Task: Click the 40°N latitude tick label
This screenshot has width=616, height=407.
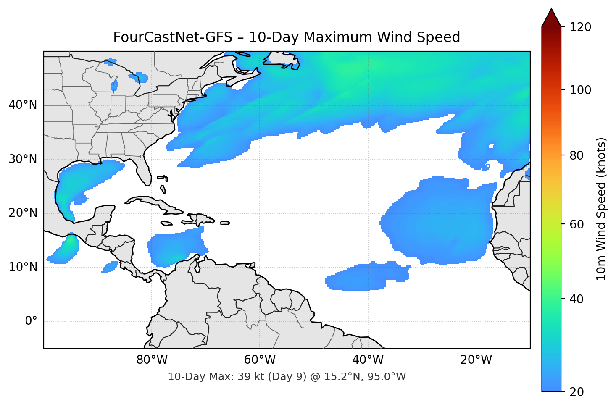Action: (x=23, y=105)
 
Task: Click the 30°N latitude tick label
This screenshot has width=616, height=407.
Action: (x=23, y=159)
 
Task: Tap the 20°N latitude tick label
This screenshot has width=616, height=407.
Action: (x=23, y=213)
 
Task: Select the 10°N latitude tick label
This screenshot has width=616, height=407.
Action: (x=23, y=267)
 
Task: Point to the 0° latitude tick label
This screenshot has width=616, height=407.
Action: (x=31, y=321)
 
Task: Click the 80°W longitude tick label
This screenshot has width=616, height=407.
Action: (x=152, y=360)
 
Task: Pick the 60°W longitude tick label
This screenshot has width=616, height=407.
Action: (x=260, y=360)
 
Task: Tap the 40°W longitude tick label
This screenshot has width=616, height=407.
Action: (x=368, y=360)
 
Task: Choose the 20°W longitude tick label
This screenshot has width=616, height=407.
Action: (x=476, y=360)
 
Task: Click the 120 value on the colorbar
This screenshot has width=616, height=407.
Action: (x=580, y=27)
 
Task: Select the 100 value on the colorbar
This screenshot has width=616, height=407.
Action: (x=580, y=90)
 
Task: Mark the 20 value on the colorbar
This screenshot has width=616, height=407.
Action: (x=577, y=392)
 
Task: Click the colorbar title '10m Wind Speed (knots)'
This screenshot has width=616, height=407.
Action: (x=601, y=209)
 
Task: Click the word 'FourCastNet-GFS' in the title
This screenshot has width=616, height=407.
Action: (x=172, y=37)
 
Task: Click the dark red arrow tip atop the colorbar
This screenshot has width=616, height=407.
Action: (x=551, y=17)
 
